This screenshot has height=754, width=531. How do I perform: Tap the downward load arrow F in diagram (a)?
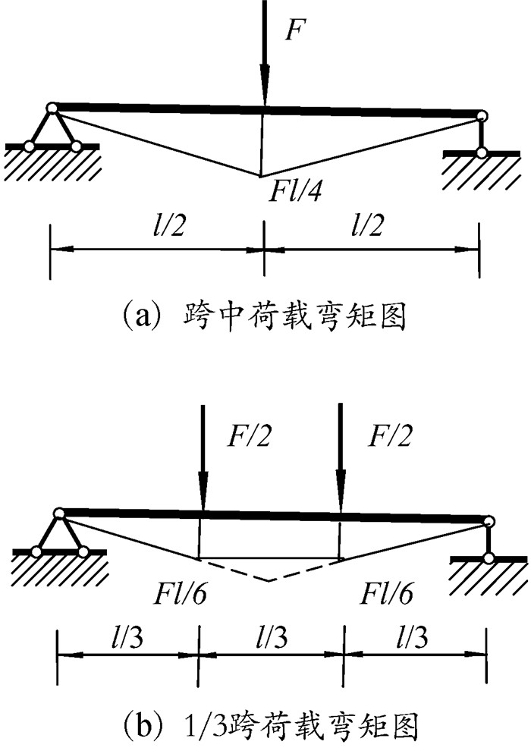tap(264, 53)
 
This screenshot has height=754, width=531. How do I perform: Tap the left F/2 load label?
tap(247, 436)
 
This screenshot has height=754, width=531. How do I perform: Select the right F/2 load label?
tap(388, 436)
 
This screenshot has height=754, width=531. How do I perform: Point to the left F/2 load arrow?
tap(202, 463)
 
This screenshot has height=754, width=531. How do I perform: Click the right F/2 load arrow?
tap(341, 463)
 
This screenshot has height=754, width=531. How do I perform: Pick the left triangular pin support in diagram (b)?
tap(59, 535)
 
